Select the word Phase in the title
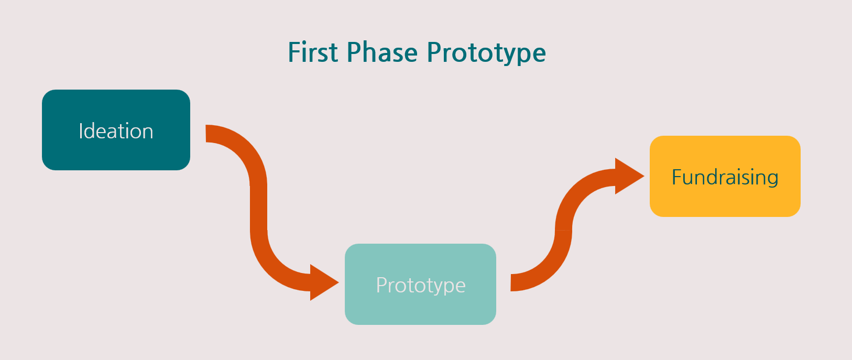point(382,53)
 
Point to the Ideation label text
point(116,131)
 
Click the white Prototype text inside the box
point(421,286)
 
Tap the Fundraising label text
point(725,177)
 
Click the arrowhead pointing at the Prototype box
point(322,282)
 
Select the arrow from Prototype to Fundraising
point(563,231)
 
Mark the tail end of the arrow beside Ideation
point(209,134)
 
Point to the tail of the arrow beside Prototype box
point(514,282)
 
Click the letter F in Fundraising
point(676,177)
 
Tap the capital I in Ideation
point(81,131)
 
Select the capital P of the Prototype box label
point(381,285)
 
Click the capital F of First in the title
point(294,53)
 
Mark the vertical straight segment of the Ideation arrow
point(259,207)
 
